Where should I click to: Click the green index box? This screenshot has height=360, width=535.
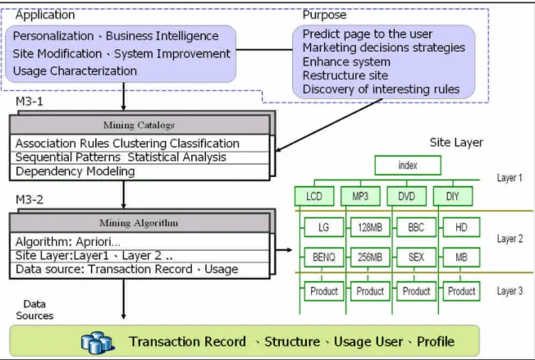coord(408,166)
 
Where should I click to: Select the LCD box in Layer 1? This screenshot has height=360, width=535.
coord(314,196)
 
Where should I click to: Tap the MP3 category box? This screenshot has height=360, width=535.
coord(360,196)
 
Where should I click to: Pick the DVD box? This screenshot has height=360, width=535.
coord(406,196)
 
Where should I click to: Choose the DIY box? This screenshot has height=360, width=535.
coord(453,196)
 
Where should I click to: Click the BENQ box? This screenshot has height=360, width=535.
coord(324,257)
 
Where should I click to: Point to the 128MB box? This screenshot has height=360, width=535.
coord(370,227)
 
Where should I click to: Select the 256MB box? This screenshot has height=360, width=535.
coord(370,257)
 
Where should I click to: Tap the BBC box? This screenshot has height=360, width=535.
coord(416,227)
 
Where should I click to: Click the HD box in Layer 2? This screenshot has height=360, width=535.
coord(461,227)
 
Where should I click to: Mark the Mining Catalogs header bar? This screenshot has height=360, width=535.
coord(139,125)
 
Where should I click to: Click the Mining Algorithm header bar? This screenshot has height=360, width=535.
coord(139,223)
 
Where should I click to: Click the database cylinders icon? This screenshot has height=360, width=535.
coord(98,342)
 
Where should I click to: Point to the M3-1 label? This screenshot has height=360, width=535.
coord(30,101)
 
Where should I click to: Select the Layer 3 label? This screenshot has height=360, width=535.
coord(510,291)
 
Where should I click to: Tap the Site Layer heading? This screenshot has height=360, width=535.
coord(456,143)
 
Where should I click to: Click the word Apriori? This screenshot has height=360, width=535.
coord(98,242)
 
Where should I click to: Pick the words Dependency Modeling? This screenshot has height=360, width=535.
coord(75,171)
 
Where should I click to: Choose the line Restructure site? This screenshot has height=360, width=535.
coord(345,75)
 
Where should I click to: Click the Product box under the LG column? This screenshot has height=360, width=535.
coord(324,291)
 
